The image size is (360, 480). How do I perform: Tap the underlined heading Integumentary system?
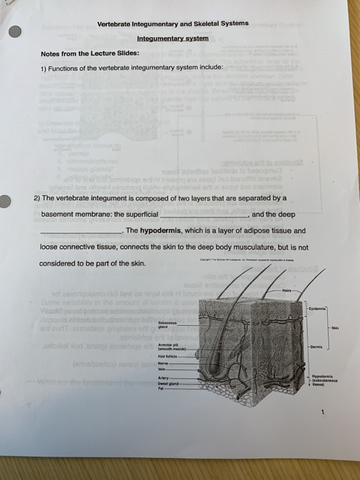click(172, 38)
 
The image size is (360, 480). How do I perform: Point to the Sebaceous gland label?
click(168, 323)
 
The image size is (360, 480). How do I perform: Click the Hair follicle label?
click(167, 356)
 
